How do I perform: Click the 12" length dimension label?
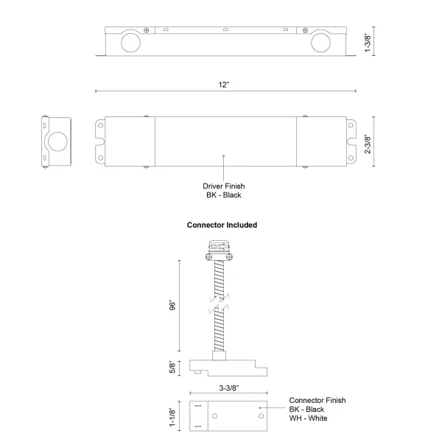(x=224, y=85)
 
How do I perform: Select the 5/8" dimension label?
(x=172, y=366)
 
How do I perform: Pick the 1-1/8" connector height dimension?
(x=172, y=417)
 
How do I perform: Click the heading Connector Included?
(x=222, y=225)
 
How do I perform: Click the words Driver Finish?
(x=224, y=186)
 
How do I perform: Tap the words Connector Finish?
(x=318, y=400)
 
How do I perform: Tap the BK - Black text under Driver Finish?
(x=224, y=195)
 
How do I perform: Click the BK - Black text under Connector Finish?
(x=307, y=409)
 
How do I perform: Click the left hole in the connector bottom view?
(x=215, y=417)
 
